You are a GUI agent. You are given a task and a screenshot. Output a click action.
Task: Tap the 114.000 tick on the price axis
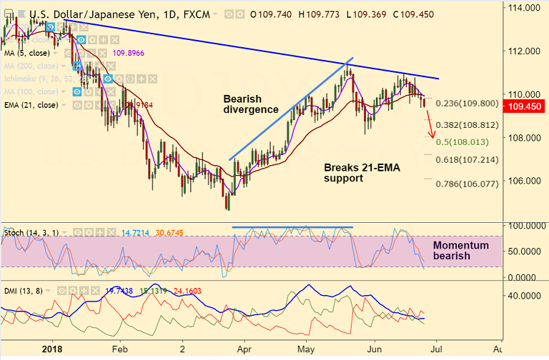(523, 8)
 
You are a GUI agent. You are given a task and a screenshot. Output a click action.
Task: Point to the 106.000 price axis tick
(523, 181)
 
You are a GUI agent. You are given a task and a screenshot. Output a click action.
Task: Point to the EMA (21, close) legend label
(31, 105)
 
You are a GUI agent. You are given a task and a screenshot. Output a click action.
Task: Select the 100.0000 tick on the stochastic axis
(525, 226)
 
